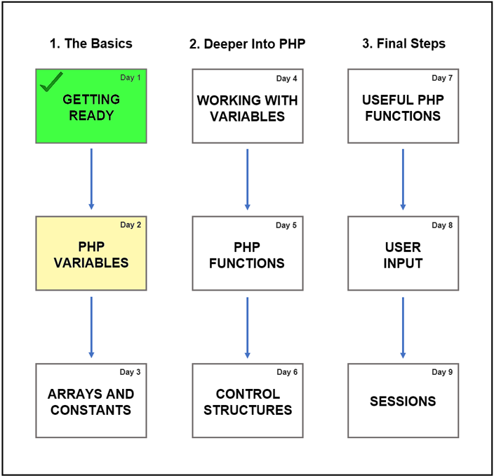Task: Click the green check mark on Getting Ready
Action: click(51, 81)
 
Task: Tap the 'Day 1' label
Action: click(131, 77)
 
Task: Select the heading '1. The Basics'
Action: click(91, 44)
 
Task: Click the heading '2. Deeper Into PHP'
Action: click(247, 44)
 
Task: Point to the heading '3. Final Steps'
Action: click(404, 44)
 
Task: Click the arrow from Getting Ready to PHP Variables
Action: click(91, 179)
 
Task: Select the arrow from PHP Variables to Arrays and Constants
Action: click(91, 327)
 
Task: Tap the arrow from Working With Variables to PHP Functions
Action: click(247, 179)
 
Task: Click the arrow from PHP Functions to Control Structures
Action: click(247, 327)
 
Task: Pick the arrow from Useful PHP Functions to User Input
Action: click(403, 179)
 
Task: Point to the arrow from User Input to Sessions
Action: click(403, 327)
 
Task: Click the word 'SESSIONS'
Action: click(403, 402)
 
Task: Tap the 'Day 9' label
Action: click(442, 372)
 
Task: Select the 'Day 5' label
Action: click(286, 225)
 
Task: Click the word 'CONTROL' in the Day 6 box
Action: click(248, 394)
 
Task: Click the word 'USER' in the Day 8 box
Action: click(403, 247)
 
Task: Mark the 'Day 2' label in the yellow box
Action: click(131, 225)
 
